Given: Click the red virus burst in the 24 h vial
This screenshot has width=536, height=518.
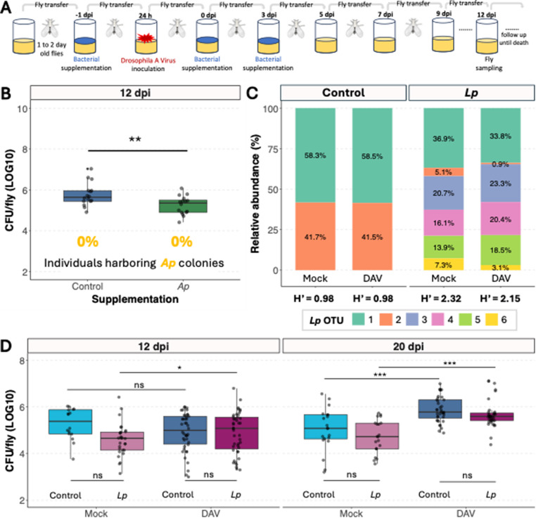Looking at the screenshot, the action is tap(146, 37).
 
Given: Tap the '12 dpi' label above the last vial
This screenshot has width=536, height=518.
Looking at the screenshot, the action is tap(486, 15).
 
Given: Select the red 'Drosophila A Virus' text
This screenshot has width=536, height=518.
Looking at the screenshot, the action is tap(148, 60).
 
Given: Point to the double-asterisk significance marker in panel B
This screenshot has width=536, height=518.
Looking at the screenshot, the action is tap(135, 139).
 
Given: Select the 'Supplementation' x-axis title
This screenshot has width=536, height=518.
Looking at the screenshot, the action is tap(135, 299).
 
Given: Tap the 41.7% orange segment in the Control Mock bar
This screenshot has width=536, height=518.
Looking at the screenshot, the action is tap(315, 236).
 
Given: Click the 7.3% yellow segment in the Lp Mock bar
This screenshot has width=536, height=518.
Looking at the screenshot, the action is tap(444, 264).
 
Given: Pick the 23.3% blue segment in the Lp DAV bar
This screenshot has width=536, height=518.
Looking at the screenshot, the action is tap(500, 183).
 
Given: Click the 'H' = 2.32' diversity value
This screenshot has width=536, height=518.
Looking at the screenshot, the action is tap(441, 299).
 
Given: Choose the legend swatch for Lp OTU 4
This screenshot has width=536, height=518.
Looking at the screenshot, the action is tap(438, 320).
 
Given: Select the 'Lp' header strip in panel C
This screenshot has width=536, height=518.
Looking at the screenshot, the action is tap(471, 93).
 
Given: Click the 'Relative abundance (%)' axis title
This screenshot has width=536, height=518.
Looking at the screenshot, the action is tap(255, 193).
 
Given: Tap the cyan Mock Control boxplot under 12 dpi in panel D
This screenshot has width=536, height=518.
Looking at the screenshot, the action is tap(70, 422).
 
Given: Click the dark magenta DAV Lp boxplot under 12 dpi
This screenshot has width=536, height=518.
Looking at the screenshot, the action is tap(236, 433).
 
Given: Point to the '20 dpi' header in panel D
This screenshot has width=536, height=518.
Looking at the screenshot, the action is tap(409, 347).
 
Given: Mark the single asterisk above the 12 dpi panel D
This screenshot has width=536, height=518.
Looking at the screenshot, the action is tap(179, 368).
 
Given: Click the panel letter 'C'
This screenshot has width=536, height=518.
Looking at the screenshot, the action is tap(252, 93).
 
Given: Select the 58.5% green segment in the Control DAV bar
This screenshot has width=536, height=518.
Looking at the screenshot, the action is tap(372, 156).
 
